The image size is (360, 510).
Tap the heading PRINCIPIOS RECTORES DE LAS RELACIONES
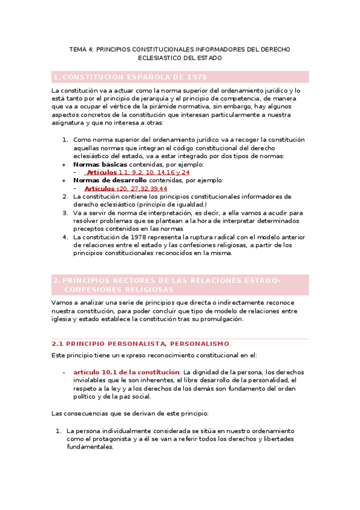tap(171, 281)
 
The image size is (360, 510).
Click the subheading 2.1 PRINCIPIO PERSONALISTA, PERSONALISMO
tap(141, 343)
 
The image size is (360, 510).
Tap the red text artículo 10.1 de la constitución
tap(126, 372)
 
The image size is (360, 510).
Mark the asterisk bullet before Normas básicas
tap(64, 165)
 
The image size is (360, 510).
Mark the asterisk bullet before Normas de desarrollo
tap(64, 180)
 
